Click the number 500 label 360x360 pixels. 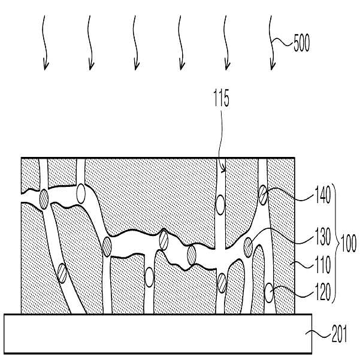[302, 43]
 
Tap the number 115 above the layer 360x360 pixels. [221, 98]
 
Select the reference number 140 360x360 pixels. [323, 195]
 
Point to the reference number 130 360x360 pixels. [323, 236]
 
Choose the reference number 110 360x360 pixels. [323, 265]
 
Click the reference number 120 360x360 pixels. [323, 292]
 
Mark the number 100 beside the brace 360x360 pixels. [349, 243]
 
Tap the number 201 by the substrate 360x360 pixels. [339, 334]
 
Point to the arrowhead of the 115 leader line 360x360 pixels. [223, 170]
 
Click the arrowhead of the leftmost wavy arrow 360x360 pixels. [46, 66]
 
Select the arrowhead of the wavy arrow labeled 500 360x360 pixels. [272, 66]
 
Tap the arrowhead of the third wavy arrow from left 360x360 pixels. [137, 66]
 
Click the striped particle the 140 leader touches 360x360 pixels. [263, 195]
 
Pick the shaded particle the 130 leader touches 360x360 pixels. [248, 247]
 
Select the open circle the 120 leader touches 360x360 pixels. [269, 293]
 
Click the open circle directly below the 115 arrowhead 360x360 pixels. [220, 205]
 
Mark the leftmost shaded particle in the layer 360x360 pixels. [44, 199]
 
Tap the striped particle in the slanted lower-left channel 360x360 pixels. [62, 273]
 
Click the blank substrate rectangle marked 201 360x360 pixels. [158, 334]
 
